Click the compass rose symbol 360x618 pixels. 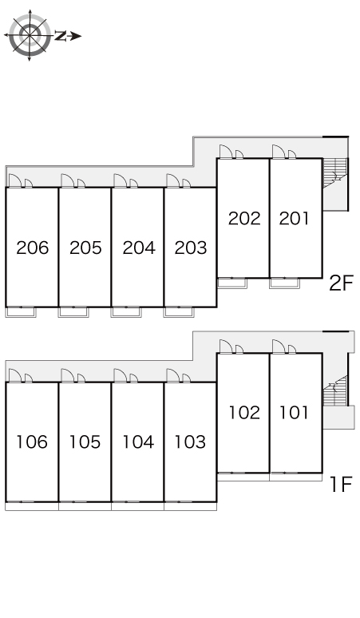coord(30,35)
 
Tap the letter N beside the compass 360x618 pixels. coord(60,36)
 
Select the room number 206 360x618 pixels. coord(32,248)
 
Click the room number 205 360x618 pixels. coord(85,248)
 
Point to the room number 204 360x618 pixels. coord(139,248)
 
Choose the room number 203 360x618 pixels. coord(191,248)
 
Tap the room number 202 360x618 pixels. coord(244,218)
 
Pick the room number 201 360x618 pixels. coord(295,218)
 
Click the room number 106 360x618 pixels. coord(32,442)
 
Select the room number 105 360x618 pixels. coord(85,442)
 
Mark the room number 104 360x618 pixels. coord(138,442)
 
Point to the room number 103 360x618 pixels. coord(190,442)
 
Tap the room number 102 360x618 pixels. coord(244,413)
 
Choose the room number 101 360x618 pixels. coord(294,413)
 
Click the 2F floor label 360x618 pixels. coord(341,283)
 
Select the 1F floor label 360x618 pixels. coord(341,485)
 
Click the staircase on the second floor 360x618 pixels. coord(334,173)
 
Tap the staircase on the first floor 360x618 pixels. coord(335,390)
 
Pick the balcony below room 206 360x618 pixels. coord(21,312)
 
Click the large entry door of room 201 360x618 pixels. coord(278,152)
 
